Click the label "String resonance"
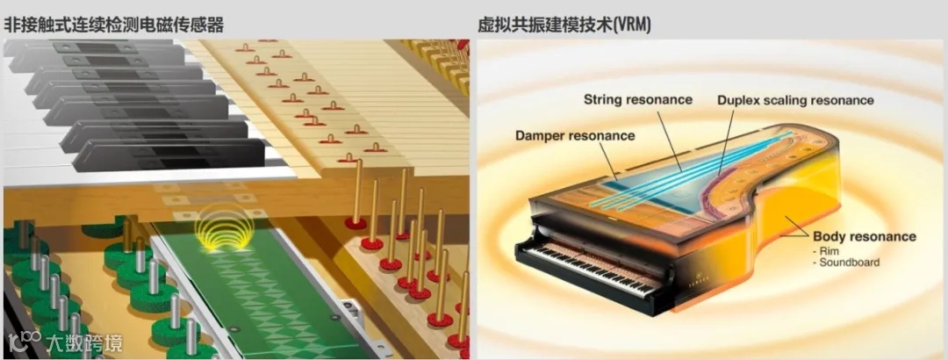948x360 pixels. tap(638, 99)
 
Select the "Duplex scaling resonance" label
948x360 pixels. tap(795, 100)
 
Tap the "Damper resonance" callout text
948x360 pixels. tap(575, 135)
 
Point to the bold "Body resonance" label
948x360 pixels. tap(865, 236)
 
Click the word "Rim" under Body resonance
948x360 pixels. tap(826, 250)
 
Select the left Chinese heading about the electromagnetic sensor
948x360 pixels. tap(113, 25)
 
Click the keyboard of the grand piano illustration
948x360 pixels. tap(597, 268)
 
